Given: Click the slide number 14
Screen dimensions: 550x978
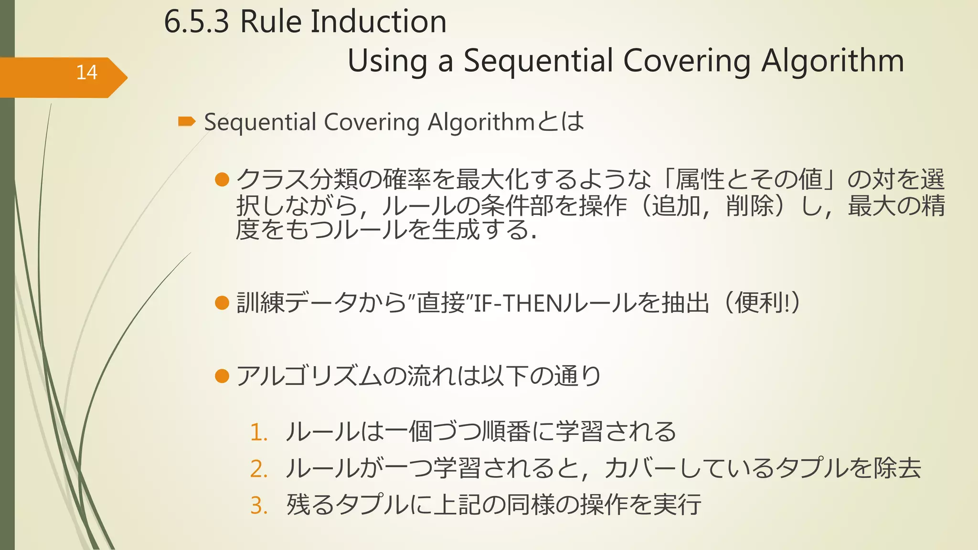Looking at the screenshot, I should point(86,73).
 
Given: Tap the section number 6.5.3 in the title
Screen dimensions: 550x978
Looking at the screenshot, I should point(196,22).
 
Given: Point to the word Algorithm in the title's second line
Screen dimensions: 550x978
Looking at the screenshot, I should point(832,61).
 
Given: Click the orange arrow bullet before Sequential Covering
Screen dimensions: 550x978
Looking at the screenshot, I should point(186,122).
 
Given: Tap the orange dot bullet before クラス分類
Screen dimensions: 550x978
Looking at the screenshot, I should point(222,180).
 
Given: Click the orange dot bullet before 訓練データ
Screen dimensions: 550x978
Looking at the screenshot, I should point(222,303).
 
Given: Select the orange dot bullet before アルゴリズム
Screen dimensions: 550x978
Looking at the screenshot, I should point(222,376).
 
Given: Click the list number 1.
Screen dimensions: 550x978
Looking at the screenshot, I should point(258,433).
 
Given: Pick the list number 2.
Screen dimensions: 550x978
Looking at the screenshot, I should point(258,469).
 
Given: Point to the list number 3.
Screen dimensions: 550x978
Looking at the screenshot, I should point(258,505).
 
